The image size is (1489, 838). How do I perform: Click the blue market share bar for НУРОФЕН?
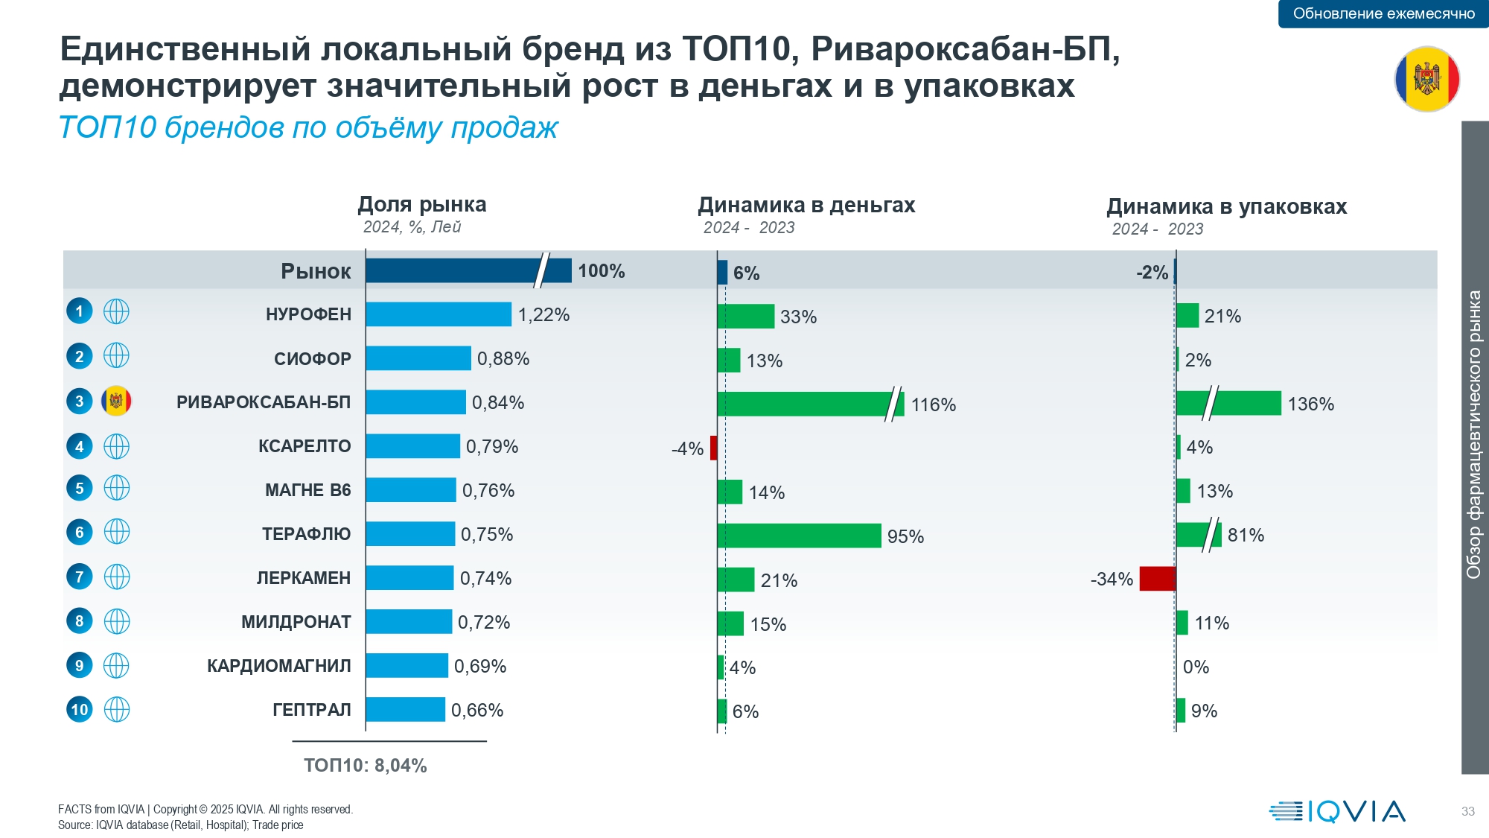439,314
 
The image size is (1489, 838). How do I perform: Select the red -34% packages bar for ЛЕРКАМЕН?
1158,579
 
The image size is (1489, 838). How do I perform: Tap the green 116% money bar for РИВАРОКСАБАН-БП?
811,404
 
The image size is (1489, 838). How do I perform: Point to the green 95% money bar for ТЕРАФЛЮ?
800,536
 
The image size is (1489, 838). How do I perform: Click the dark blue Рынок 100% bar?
468,270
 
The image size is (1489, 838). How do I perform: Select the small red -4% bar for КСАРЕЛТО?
713,448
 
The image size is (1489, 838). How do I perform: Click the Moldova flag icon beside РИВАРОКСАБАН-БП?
116,401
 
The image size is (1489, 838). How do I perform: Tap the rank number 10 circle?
80,709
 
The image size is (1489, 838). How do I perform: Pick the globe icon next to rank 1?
116,311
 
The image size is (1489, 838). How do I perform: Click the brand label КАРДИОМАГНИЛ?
279,666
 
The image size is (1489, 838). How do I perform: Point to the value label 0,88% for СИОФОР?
503,359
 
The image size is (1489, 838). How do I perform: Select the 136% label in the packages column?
1311,404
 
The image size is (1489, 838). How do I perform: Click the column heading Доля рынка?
422,204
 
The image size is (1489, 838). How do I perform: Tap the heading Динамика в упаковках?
1227,206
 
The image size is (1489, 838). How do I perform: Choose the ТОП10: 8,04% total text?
366,766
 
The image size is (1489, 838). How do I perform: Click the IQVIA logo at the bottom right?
1337,811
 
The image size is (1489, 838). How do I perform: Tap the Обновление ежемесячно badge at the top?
1383,13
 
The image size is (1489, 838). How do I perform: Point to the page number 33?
1468,811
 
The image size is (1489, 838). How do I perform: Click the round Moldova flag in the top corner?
1427,79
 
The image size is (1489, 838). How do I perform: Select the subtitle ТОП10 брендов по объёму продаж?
308,127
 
